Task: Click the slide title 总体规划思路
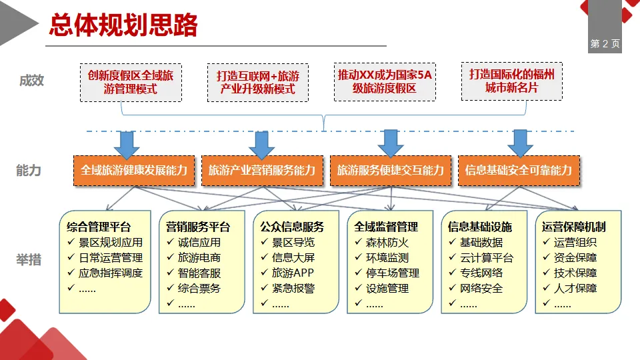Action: click(123, 25)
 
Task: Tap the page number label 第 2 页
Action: click(605, 44)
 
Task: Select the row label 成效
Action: click(31, 81)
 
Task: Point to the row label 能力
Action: click(29, 170)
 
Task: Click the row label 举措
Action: click(29, 259)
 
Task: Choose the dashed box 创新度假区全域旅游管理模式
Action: click(131, 82)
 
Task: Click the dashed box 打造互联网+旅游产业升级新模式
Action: click(257, 83)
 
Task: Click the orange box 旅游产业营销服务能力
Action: click(261, 170)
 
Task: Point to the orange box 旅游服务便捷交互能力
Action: click(390, 170)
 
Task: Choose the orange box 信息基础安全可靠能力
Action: click(519, 170)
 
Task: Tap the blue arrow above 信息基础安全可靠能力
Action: click(520, 142)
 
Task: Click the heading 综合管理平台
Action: click(99, 227)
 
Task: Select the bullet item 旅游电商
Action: click(199, 258)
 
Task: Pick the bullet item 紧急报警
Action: click(293, 289)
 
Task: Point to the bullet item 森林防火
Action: click(387, 243)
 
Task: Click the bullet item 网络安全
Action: click(481, 289)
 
